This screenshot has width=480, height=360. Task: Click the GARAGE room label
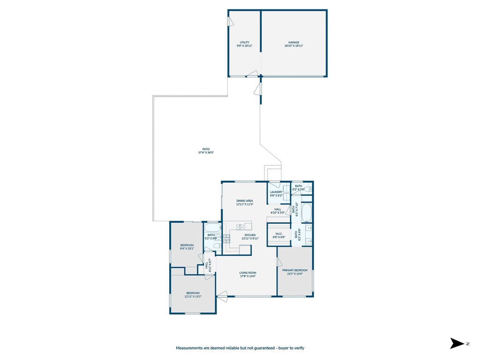[294, 42]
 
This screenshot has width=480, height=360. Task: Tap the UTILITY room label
[244, 42]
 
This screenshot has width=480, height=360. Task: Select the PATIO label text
[206, 149]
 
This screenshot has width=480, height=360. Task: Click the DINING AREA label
[244, 201]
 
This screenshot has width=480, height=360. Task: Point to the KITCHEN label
[250, 235]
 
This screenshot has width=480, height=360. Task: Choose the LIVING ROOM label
[247, 273]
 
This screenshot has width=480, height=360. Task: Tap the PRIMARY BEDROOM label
[295, 270]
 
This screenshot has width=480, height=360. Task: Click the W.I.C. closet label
[278, 233]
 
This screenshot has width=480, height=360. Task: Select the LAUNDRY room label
[276, 192]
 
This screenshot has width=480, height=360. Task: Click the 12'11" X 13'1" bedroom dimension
[193, 296]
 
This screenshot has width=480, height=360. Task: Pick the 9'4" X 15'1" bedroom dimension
[187, 249]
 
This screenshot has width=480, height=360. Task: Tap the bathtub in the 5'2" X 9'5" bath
[212, 228]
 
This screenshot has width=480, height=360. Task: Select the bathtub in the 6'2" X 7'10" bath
[306, 213]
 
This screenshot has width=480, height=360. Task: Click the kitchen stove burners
[226, 238]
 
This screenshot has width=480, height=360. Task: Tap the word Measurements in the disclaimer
[189, 348]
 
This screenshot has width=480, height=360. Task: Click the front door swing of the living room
[222, 295]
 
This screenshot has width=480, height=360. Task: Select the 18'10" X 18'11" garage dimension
[294, 46]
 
